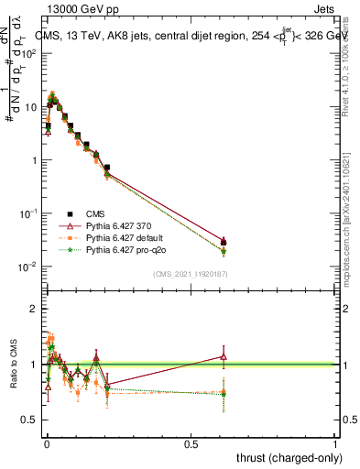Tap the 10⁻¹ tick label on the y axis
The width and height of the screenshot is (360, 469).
click(26, 213)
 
